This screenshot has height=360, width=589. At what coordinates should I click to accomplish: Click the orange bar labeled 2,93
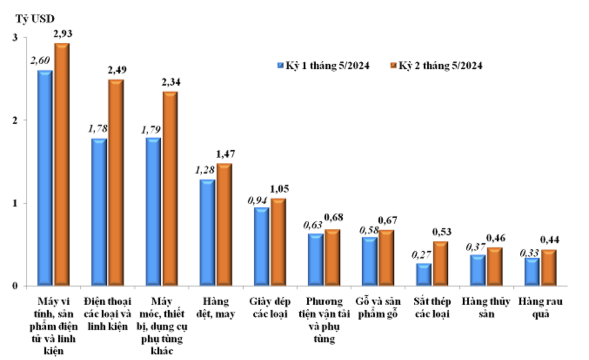click(x=62, y=164)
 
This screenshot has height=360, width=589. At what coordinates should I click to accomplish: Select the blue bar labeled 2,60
click(x=45, y=178)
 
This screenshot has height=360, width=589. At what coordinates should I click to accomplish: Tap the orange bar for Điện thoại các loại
click(x=116, y=183)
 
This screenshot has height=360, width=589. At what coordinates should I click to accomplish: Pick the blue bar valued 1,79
click(x=153, y=212)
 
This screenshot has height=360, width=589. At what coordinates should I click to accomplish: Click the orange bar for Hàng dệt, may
click(x=224, y=225)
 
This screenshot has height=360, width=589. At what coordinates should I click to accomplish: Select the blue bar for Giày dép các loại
click(x=261, y=247)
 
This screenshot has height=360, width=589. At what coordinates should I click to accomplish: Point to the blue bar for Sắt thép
click(x=424, y=275)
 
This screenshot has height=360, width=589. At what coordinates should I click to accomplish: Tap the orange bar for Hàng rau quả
click(x=549, y=268)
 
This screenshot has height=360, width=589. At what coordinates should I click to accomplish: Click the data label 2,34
click(x=171, y=82)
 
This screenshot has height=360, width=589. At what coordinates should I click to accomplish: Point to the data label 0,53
click(x=442, y=232)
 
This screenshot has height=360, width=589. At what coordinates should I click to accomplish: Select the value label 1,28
click(x=205, y=170)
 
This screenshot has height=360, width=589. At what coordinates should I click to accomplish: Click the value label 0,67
click(x=388, y=220)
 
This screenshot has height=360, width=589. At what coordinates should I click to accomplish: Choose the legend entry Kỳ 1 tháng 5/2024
click(x=323, y=65)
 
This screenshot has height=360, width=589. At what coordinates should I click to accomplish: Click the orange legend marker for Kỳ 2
click(x=393, y=65)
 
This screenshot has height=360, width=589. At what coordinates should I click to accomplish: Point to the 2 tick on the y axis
click(x=15, y=120)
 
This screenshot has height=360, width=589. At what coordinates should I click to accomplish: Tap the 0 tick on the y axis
click(x=15, y=286)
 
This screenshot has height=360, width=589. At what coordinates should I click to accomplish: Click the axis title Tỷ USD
click(x=35, y=19)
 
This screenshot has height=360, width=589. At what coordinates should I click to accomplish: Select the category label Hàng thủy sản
click(x=486, y=307)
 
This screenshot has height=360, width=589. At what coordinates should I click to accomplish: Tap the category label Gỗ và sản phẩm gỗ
click(x=378, y=307)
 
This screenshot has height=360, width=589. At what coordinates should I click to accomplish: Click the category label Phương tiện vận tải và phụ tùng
click(x=324, y=320)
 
